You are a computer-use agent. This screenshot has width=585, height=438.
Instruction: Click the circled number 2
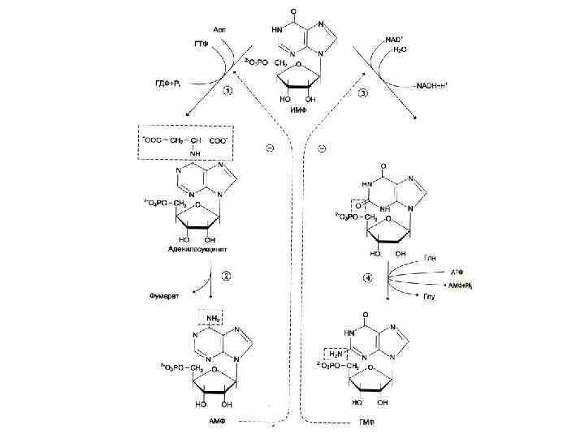click(x=227, y=275)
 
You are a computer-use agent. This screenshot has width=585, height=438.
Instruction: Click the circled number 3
click(x=362, y=93)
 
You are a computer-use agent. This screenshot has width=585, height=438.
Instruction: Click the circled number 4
click(x=366, y=279)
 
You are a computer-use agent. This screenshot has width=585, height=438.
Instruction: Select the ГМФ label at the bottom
click(x=369, y=423)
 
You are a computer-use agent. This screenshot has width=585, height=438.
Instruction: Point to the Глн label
click(x=431, y=255)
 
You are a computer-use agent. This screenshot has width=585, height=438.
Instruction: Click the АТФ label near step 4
click(x=457, y=272)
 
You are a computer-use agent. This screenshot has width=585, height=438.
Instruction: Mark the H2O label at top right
click(x=399, y=49)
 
